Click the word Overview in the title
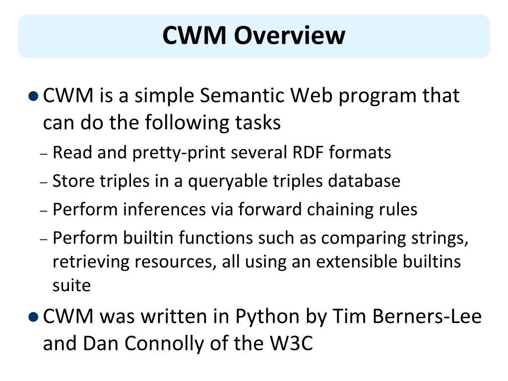(290, 36)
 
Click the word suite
(71, 285)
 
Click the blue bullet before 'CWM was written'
(33, 317)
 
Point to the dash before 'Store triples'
(44, 182)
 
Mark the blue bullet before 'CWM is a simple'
(33, 96)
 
